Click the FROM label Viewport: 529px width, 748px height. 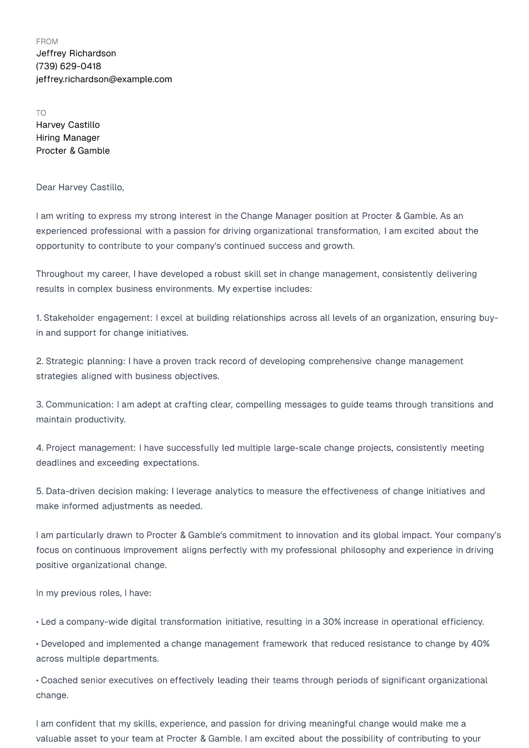pos(47,42)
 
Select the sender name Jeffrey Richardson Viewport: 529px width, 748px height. pos(76,53)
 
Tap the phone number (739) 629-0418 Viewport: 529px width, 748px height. pos(69,66)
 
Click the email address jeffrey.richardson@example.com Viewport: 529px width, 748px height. pos(104,79)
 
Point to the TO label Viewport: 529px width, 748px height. pos(41,113)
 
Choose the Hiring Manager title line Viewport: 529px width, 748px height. pos(68,138)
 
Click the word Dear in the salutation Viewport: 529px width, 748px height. pos(46,187)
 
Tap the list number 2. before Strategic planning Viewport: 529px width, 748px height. pos(39,361)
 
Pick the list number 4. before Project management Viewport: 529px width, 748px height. pos(39,448)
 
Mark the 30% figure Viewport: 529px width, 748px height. pos(331,622)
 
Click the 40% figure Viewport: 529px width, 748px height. pos(480,644)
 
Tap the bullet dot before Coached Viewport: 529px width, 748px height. pos(38,681)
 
